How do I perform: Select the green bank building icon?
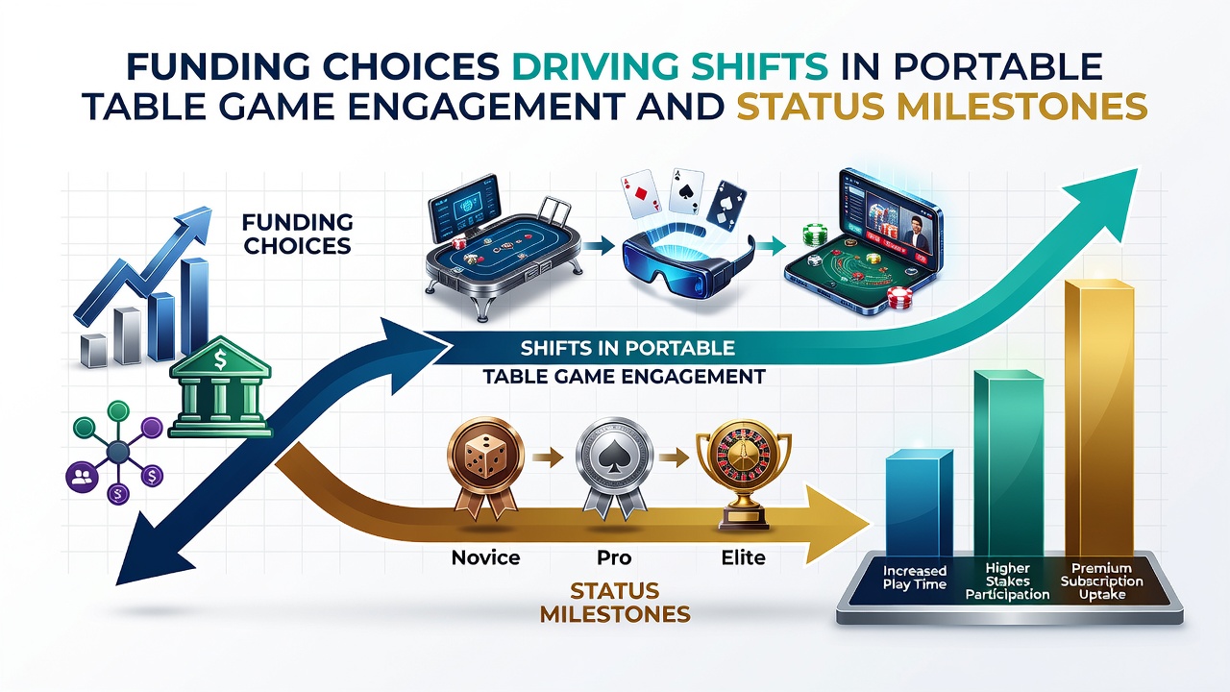(220, 386)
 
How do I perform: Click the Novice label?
(485, 558)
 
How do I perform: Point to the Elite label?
(743, 558)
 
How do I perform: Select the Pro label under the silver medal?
(614, 558)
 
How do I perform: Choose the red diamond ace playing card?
(641, 195)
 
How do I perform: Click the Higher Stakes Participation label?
(1008, 581)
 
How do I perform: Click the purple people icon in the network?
(83, 475)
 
